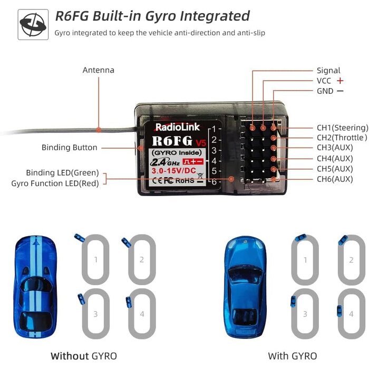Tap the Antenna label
(98, 70)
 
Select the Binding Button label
(70, 148)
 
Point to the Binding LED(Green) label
(62, 173)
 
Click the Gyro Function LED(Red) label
(55, 183)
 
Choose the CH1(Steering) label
(342, 128)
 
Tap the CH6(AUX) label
(335, 179)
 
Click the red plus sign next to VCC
(340, 81)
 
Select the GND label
(325, 91)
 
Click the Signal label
(328, 71)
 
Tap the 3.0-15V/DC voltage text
(174, 170)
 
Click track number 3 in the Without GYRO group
(95, 314)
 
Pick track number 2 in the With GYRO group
(351, 260)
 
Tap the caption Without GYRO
(83, 356)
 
